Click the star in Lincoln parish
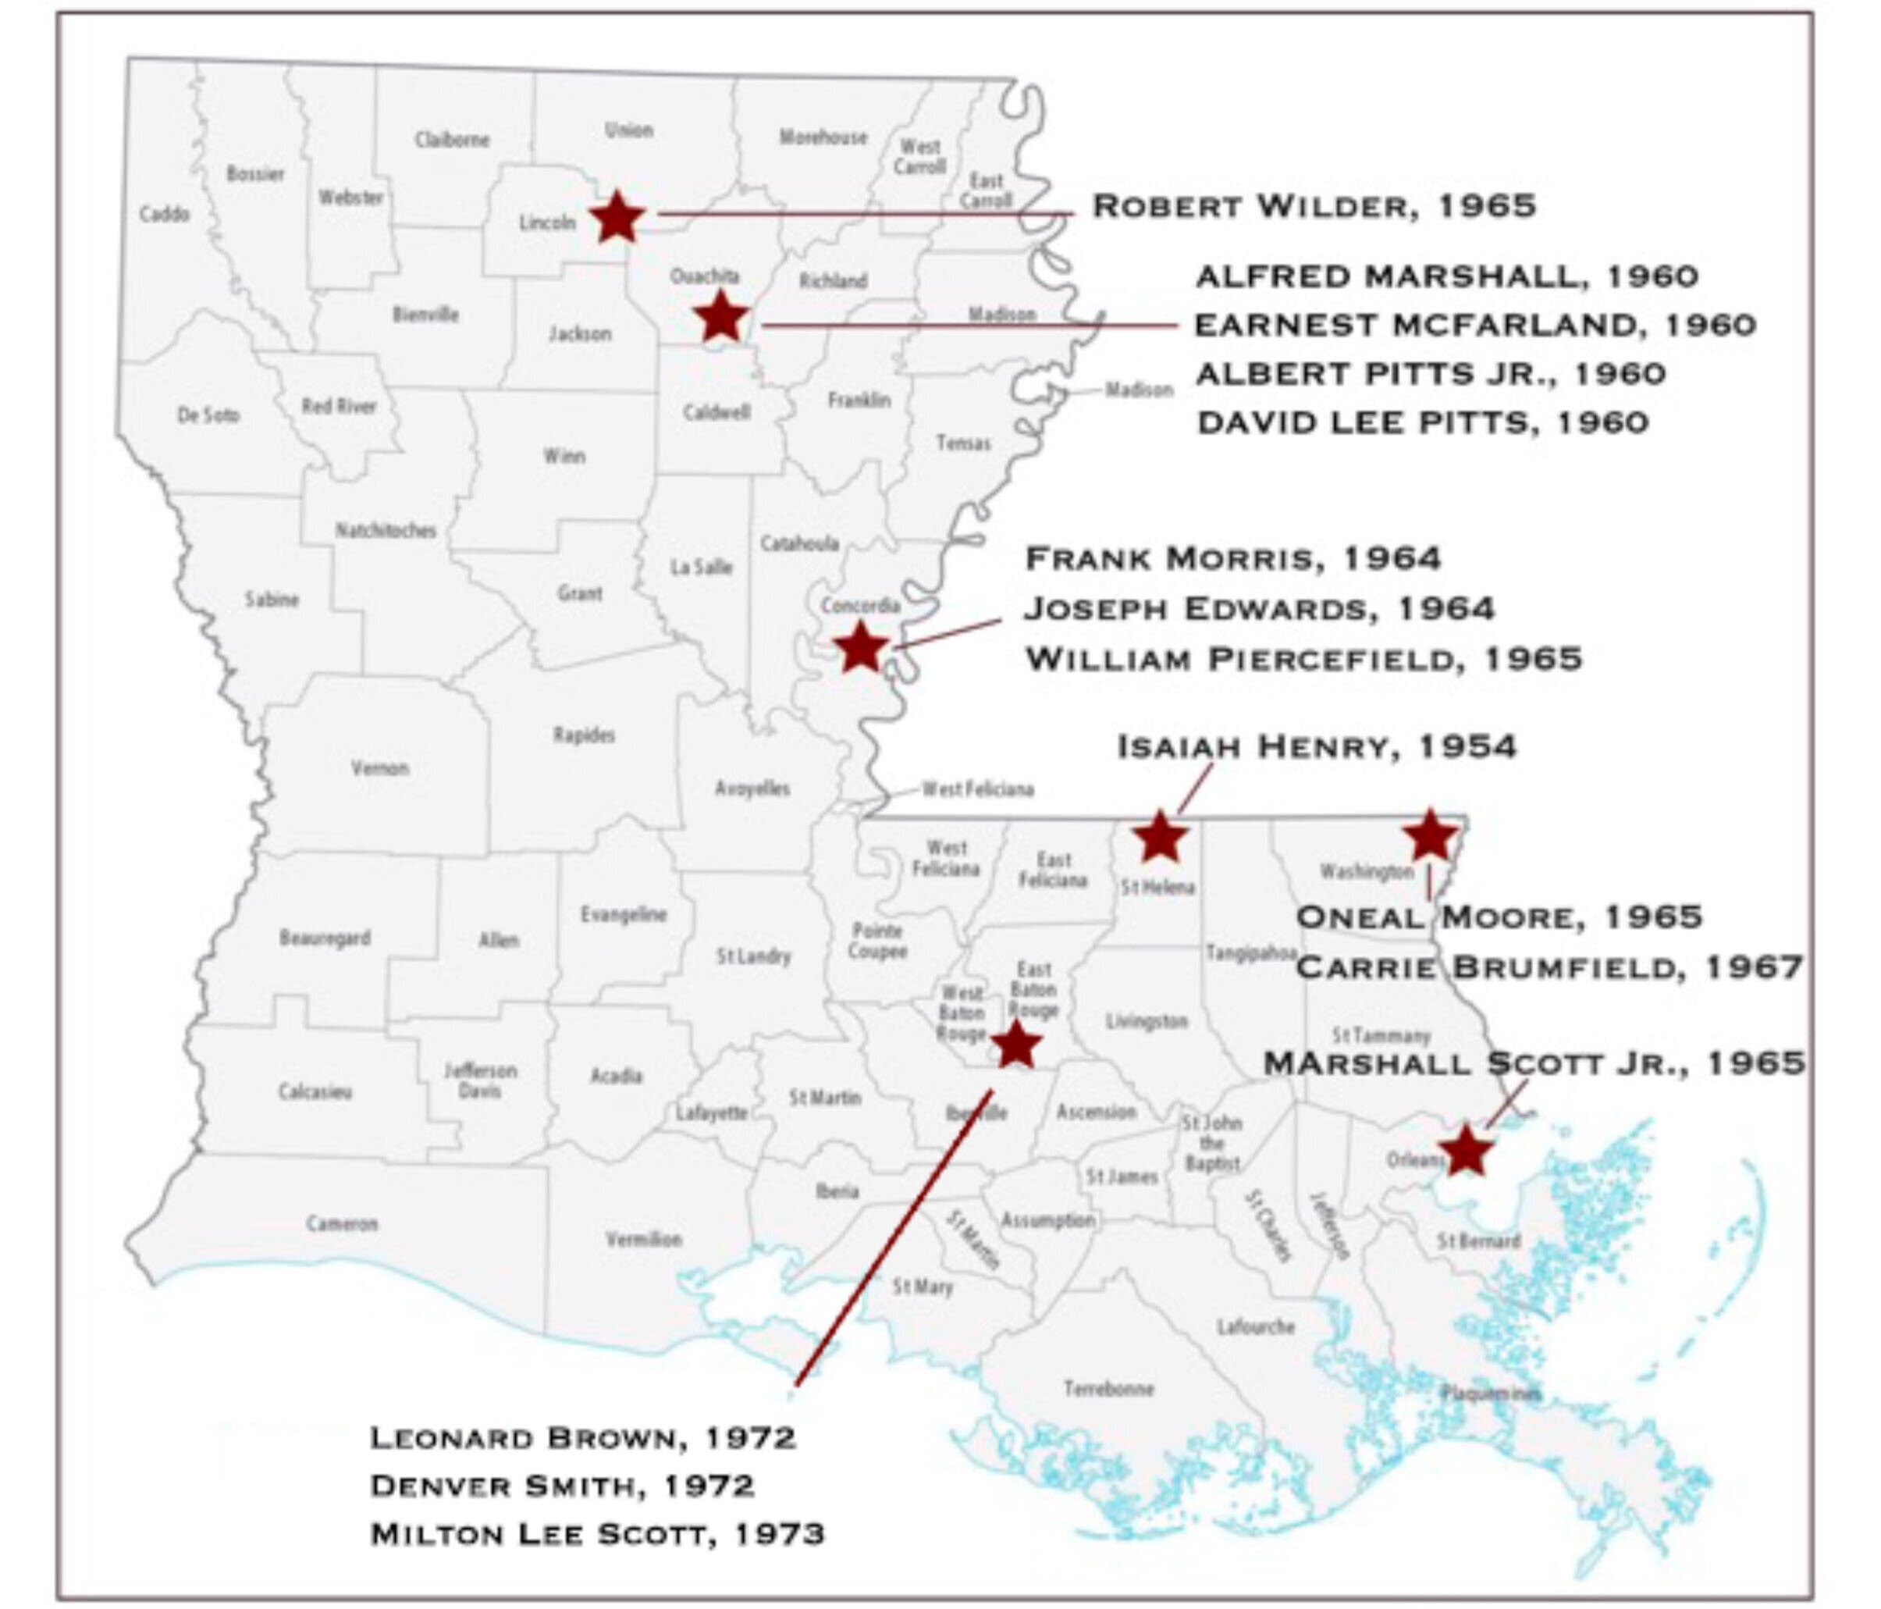pyautogui.click(x=617, y=217)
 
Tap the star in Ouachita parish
pyautogui.click(x=721, y=316)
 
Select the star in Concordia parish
pyautogui.click(x=859, y=647)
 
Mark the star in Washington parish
pyautogui.click(x=1430, y=835)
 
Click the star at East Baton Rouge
pyautogui.click(x=1016, y=1045)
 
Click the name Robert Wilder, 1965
pyautogui.click(x=1314, y=206)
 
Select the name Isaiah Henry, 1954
pyautogui.click(x=1317, y=746)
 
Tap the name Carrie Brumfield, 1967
pyautogui.click(x=1549, y=967)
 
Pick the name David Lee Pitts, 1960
pyautogui.click(x=1423, y=422)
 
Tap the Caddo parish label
pyautogui.click(x=165, y=214)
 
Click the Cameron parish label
pyautogui.click(x=341, y=1224)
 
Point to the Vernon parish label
pyautogui.click(x=379, y=768)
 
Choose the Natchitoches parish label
pyautogui.click(x=386, y=530)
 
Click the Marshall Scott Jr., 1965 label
pyautogui.click(x=1534, y=1063)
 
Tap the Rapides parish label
pyautogui.click(x=584, y=735)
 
